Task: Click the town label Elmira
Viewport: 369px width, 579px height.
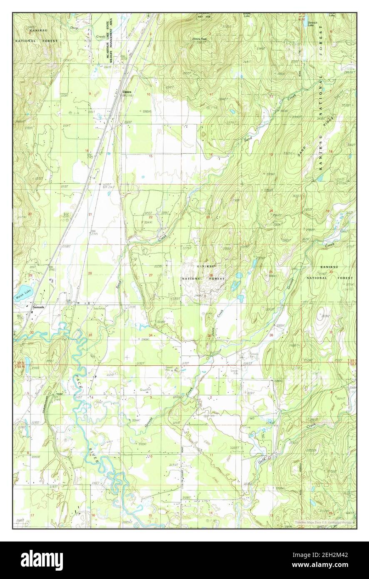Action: (127, 92)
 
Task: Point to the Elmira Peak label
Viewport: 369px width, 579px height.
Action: (199, 39)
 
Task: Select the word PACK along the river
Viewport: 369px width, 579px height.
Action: (79, 382)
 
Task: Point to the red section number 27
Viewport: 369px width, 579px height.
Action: (151, 275)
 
